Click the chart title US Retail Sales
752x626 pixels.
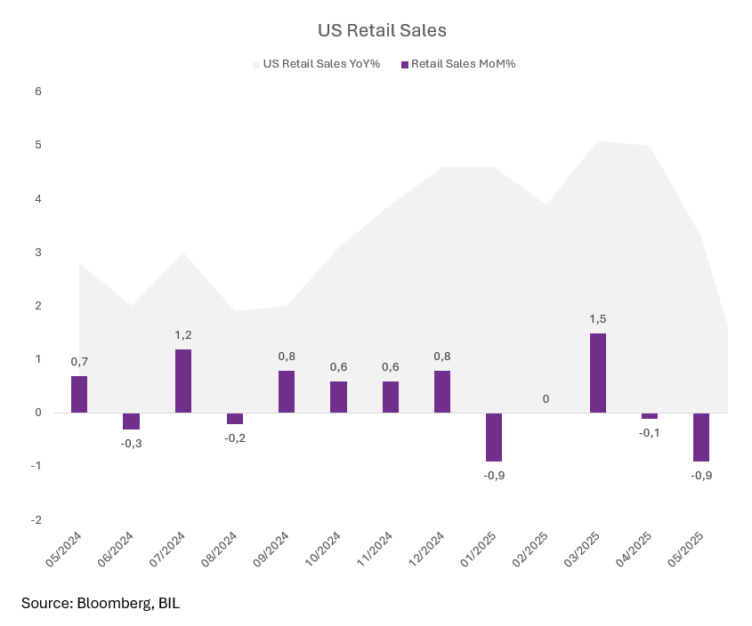pyautogui.click(x=382, y=30)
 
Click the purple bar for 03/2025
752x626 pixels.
pyautogui.click(x=598, y=373)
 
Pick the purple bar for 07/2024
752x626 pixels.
pyautogui.click(x=182, y=381)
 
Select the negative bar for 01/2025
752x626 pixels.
pyautogui.click(x=494, y=437)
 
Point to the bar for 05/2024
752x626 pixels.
pyautogui.click(x=79, y=394)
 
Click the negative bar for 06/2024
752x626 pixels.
pyautogui.click(x=131, y=421)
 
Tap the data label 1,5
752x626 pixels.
pyautogui.click(x=598, y=318)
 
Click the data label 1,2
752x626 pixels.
pyautogui.click(x=182, y=335)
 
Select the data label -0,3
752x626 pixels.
pyautogui.click(x=131, y=443)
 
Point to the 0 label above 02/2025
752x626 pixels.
pyautogui.click(x=546, y=399)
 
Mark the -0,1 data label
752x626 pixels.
pyautogui.click(x=650, y=432)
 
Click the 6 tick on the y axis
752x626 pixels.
pyautogui.click(x=38, y=92)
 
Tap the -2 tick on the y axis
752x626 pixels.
pyautogui.click(x=36, y=520)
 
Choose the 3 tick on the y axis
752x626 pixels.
pyautogui.click(x=38, y=253)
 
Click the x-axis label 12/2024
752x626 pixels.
pyautogui.click(x=426, y=550)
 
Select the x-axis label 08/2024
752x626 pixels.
pyautogui.click(x=219, y=550)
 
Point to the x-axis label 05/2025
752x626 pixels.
pyautogui.click(x=685, y=550)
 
